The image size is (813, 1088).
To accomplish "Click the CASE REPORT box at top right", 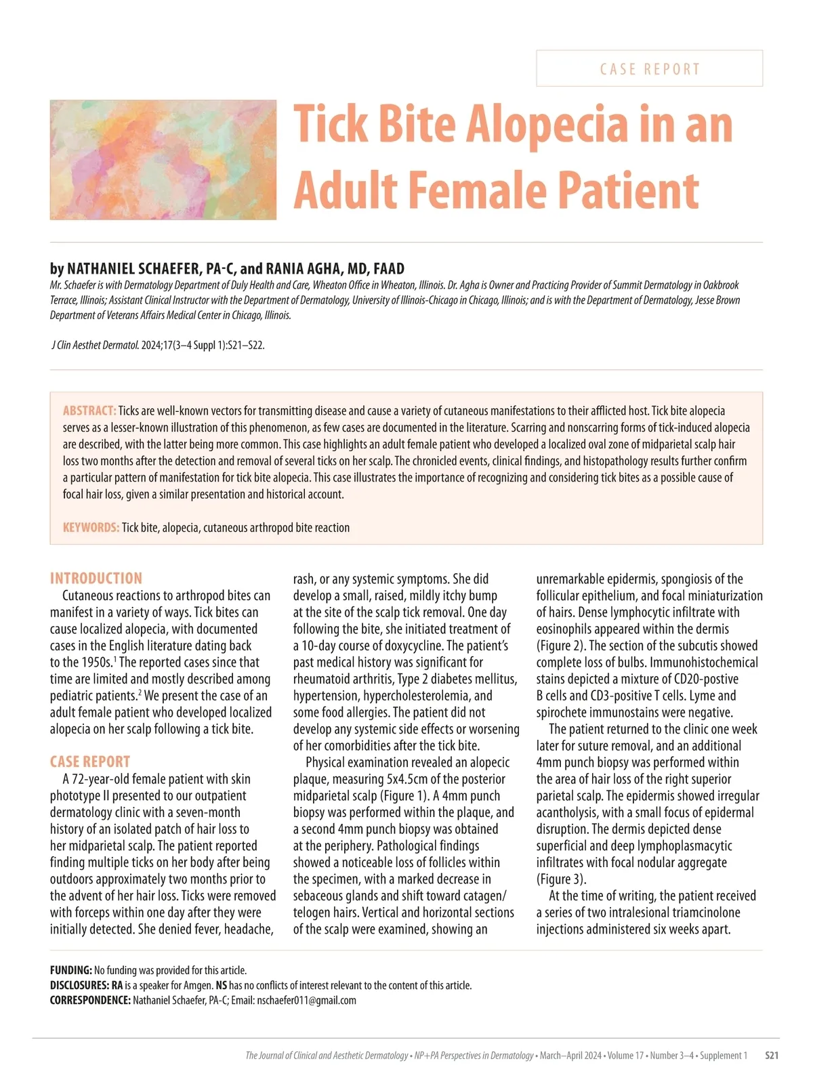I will click(649, 68).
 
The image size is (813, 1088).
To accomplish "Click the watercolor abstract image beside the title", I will click(163, 160).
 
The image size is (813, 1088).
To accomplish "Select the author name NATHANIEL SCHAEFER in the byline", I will click(136, 269).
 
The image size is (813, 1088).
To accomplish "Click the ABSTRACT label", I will click(89, 411).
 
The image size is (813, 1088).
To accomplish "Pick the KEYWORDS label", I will click(91, 528).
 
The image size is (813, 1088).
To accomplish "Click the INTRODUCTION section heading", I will click(96, 579).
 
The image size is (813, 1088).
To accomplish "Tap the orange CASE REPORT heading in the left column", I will click(90, 761).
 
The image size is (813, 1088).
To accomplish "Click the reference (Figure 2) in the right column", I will click(563, 646).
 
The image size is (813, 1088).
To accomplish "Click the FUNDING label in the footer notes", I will click(70, 971).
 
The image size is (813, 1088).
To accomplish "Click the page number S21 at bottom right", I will click(771, 1055).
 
